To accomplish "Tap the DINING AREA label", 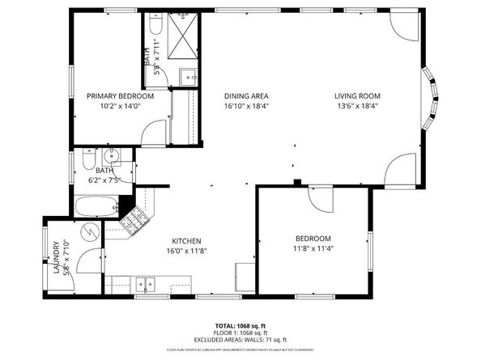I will (246, 96).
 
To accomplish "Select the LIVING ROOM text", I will (357, 96).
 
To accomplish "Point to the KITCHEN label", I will (186, 241).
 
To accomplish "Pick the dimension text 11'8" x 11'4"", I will (313, 248).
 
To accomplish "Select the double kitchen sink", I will (147, 283).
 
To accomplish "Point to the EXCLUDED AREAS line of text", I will (240, 340).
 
